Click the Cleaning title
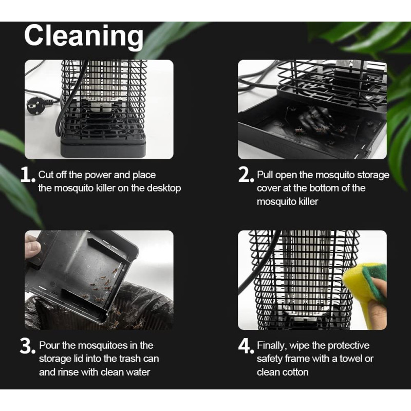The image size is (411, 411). tap(84, 36)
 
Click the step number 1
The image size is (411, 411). tap(28, 175)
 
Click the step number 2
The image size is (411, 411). tap(246, 175)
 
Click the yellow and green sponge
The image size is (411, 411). tap(365, 283)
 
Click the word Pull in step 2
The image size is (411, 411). tap(265, 175)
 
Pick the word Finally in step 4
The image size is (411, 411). tap(272, 346)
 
